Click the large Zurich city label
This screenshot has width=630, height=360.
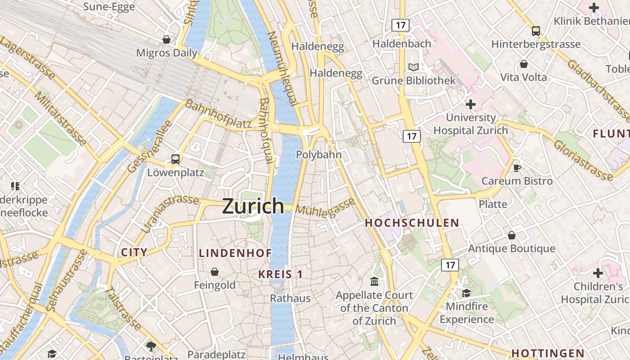click(253, 206)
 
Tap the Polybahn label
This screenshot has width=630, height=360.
click(319, 154)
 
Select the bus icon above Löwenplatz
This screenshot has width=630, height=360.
click(175, 159)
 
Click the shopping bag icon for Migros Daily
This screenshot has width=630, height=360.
click(166, 40)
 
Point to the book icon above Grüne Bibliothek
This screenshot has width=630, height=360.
click(413, 67)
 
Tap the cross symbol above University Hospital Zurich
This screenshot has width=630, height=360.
click(470, 105)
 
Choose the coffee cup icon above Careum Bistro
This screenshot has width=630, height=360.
click(517, 168)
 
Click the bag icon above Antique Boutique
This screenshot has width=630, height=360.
click(511, 235)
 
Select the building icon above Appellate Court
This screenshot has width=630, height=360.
click(374, 282)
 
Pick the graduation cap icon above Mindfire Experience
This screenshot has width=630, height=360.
click(466, 293)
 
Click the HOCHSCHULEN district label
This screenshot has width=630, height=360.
click(412, 223)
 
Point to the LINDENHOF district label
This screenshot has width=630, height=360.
click(235, 253)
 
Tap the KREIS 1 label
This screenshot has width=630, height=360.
click(280, 274)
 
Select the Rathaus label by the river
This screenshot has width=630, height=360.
click(290, 298)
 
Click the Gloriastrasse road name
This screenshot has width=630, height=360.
click(583, 160)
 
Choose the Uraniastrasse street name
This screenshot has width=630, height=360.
click(170, 213)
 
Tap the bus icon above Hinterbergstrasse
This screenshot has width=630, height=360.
click(535, 31)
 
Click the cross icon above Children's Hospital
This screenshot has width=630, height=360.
click(598, 273)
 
